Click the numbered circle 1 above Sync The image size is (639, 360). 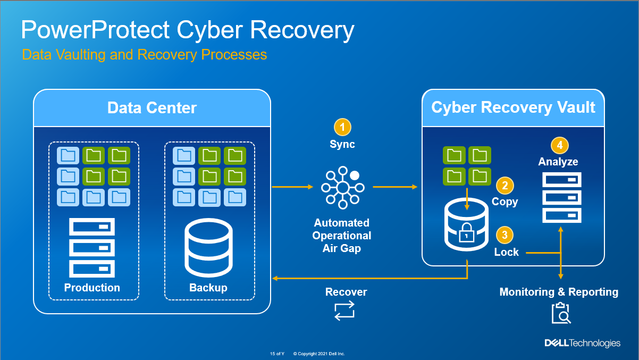342,127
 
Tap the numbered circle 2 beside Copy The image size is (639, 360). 505,186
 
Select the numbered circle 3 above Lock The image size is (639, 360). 505,235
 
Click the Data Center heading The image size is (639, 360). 152,108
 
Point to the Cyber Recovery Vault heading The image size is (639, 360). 513,108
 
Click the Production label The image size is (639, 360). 92,288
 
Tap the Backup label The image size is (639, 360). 208,288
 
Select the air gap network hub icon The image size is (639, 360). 342,187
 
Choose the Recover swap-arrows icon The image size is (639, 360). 343,311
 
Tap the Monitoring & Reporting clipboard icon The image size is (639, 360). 560,313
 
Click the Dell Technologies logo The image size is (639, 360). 582,343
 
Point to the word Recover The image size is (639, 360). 346,292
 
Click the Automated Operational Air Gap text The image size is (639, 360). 342,236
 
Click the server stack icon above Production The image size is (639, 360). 92,248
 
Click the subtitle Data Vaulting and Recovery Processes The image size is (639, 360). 144,55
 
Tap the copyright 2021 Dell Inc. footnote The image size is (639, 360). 319,354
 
